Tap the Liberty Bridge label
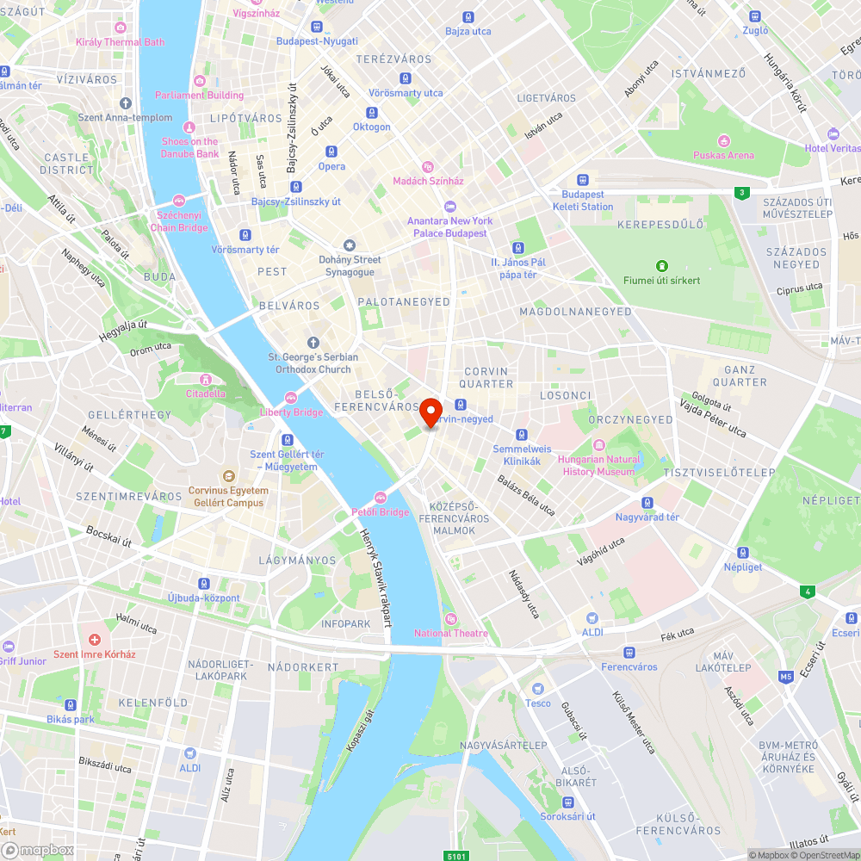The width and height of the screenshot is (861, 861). [291, 412]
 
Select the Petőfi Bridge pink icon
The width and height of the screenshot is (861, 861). [381, 498]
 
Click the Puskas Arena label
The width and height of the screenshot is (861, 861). [723, 155]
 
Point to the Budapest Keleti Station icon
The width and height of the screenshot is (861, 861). [583, 181]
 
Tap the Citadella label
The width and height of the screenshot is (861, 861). [206, 393]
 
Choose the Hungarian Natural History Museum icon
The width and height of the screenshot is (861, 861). [598, 446]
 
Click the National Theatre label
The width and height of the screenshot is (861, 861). [450, 634]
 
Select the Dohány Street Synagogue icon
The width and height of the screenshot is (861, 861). [349, 245]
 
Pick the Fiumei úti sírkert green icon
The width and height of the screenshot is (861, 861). [662, 266]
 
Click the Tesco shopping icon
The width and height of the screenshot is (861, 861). [538, 689]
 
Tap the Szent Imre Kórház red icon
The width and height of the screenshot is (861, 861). [95, 641]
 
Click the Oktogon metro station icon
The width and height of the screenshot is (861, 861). [372, 113]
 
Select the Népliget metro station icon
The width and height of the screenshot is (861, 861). [742, 553]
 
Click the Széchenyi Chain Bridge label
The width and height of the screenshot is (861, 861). [179, 221]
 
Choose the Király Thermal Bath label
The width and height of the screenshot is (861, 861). [120, 42]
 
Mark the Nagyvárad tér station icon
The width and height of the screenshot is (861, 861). [647, 503]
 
